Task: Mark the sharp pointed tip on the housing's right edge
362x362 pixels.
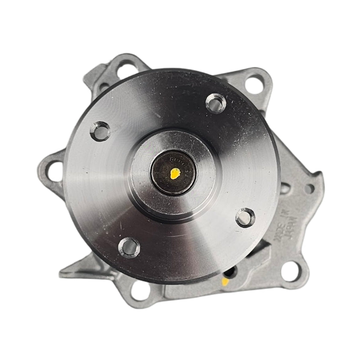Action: pos(320,174)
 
